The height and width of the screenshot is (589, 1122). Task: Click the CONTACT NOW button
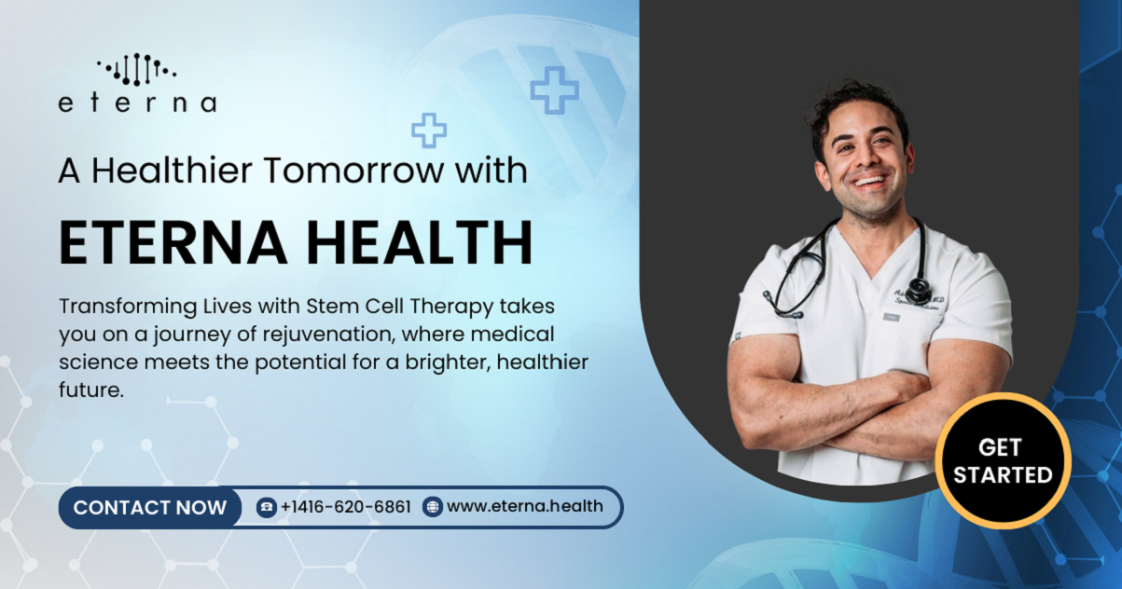150,507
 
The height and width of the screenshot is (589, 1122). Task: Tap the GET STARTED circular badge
1003,461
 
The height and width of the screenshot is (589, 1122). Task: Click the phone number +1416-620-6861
346,507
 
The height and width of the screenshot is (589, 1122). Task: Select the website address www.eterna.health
525,506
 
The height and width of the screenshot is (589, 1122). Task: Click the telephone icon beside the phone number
267,507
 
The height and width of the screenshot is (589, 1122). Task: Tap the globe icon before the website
433,507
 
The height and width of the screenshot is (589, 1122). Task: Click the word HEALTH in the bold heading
420,242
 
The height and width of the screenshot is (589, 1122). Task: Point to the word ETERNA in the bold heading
173,242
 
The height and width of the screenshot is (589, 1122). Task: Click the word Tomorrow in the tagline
353,171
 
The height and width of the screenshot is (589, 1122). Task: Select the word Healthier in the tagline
172,171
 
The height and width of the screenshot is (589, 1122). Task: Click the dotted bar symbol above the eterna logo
137,70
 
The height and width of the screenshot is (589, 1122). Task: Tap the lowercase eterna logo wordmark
138,103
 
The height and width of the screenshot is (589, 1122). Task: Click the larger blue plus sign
555,90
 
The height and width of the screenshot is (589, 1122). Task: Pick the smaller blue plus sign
429,130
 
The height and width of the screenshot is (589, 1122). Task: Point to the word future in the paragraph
91,390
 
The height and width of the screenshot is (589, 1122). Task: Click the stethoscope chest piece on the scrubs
920,290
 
